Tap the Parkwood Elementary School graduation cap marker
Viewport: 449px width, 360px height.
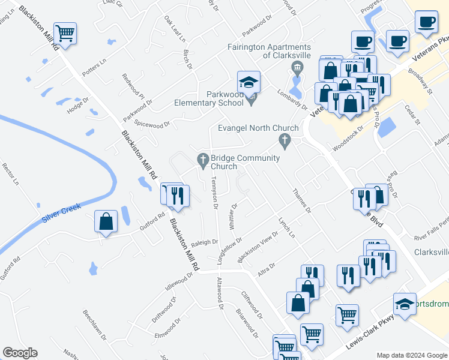pos(249,82)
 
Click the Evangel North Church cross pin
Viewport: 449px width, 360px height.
pos(285,141)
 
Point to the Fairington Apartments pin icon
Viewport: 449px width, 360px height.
pos(295,66)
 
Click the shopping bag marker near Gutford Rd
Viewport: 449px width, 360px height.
pos(106,221)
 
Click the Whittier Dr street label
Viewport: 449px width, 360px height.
pos(233,213)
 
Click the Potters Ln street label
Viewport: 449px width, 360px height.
pos(94,68)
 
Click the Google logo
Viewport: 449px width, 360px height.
pos(19,353)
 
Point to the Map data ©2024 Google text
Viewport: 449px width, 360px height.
pos(411,355)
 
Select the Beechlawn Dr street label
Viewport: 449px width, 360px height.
pos(95,325)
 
